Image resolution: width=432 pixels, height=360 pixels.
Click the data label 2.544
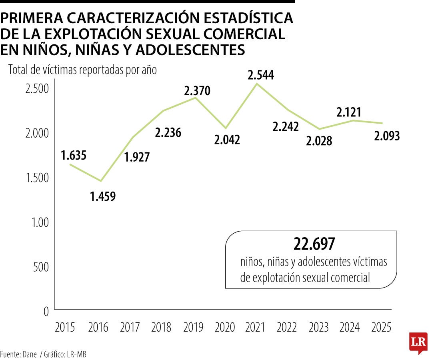pos(260,75)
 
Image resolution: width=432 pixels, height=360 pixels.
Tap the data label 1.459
pos(103,196)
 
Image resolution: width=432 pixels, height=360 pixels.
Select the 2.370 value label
pos(197,91)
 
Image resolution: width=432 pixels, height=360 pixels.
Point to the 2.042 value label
pos(227,140)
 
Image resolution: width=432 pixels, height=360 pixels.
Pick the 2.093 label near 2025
pos(387,136)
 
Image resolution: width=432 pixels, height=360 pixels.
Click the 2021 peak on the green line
pos(256,84)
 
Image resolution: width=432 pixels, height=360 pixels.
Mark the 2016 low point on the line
pos(101,181)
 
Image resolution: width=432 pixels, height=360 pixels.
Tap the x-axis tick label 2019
pos(193,327)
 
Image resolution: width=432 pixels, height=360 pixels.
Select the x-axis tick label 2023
pos(319,327)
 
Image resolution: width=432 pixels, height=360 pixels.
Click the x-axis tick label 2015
pos(65,327)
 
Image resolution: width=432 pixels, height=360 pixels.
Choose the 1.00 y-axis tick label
pos(40,222)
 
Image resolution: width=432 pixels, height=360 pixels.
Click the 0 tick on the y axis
pos(46,311)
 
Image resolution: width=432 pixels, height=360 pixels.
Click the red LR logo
pos(418,342)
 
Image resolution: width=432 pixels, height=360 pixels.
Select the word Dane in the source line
pos(28,354)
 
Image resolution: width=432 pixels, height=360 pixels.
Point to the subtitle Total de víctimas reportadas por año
pos(82,70)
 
